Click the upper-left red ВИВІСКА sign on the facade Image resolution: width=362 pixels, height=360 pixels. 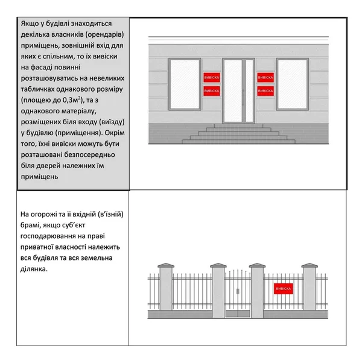point(212,78)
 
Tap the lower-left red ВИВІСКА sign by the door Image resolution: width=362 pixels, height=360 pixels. point(212,91)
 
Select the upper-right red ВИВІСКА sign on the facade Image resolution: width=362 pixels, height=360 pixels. point(265,78)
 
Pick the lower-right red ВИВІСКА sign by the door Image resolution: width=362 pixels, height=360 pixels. point(265,91)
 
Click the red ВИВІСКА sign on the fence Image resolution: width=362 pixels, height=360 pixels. point(284,289)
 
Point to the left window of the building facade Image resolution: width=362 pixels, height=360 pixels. point(185,84)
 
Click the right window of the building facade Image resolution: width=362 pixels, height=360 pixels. point(293,84)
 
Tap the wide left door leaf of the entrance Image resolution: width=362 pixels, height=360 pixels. point(233,91)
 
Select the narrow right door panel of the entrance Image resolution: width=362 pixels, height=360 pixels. point(249,91)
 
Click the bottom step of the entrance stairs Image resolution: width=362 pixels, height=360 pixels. point(238,142)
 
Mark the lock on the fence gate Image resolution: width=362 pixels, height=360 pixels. point(238,291)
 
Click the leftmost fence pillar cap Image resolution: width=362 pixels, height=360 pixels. point(166,265)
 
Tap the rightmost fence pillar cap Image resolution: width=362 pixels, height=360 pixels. point(310,265)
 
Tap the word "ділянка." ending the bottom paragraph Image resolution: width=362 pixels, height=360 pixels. point(34,269)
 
